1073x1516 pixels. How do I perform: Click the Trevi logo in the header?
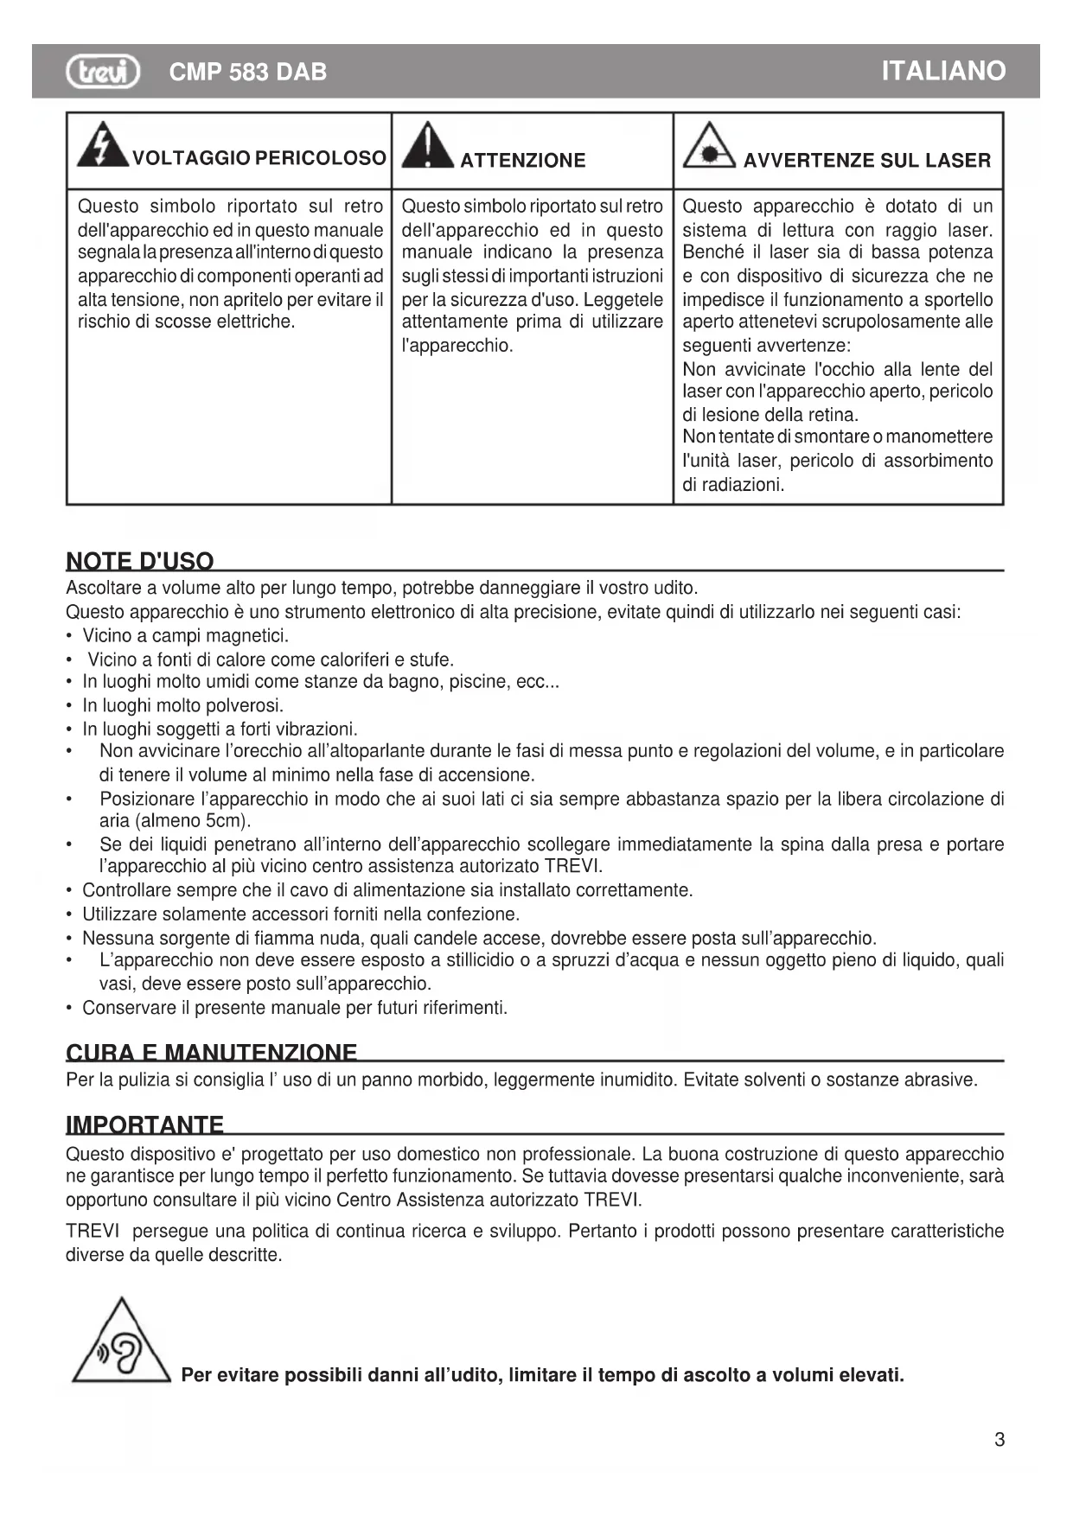(x=103, y=71)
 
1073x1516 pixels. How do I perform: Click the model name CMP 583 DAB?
(x=248, y=72)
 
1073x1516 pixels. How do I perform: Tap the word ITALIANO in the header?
(x=943, y=71)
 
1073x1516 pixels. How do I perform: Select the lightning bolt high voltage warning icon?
(x=102, y=145)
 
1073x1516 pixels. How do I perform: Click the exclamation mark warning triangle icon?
(x=427, y=145)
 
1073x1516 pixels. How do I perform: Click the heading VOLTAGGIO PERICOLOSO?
(x=259, y=158)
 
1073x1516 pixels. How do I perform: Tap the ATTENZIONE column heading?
(x=522, y=161)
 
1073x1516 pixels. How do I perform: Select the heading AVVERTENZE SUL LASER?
(x=866, y=161)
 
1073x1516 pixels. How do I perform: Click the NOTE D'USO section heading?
(x=140, y=561)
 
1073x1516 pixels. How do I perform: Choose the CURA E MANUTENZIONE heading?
(x=212, y=1053)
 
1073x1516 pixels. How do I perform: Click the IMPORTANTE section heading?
(x=145, y=1124)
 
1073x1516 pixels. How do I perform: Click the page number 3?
(x=1000, y=1439)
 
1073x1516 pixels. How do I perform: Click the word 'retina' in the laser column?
(x=832, y=415)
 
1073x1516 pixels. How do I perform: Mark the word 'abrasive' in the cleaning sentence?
(x=941, y=1080)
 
